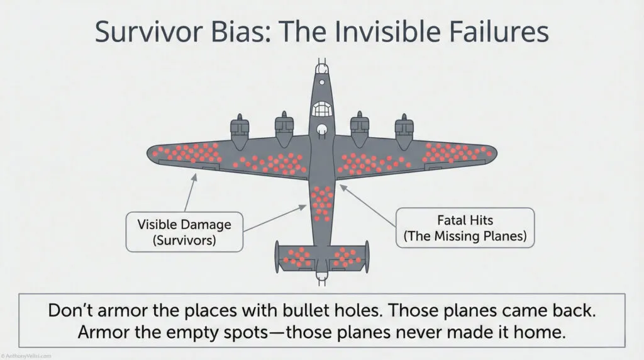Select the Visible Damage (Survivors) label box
pos(184,231)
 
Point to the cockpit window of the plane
pos(321,110)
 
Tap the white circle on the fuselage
pos(322,131)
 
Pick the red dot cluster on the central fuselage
pos(322,203)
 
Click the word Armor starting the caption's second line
pos(103,334)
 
